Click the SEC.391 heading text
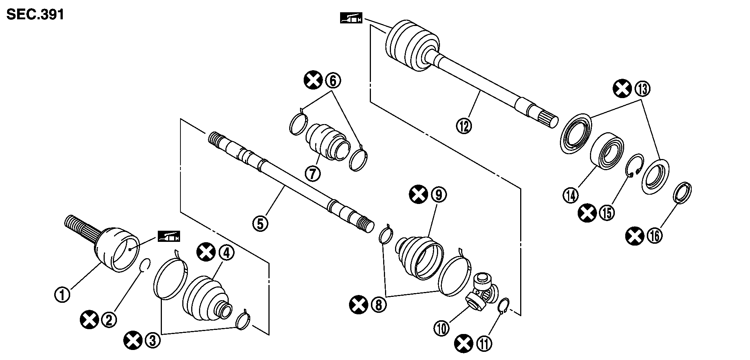[35, 14]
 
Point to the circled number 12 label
[464, 125]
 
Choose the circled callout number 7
[313, 173]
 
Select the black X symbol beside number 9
[418, 195]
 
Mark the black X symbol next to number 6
[313, 80]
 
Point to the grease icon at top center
[351, 18]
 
